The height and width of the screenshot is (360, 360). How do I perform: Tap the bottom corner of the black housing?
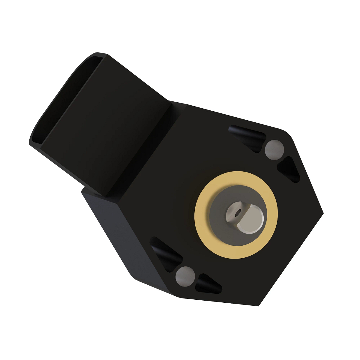(x=258, y=305)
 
